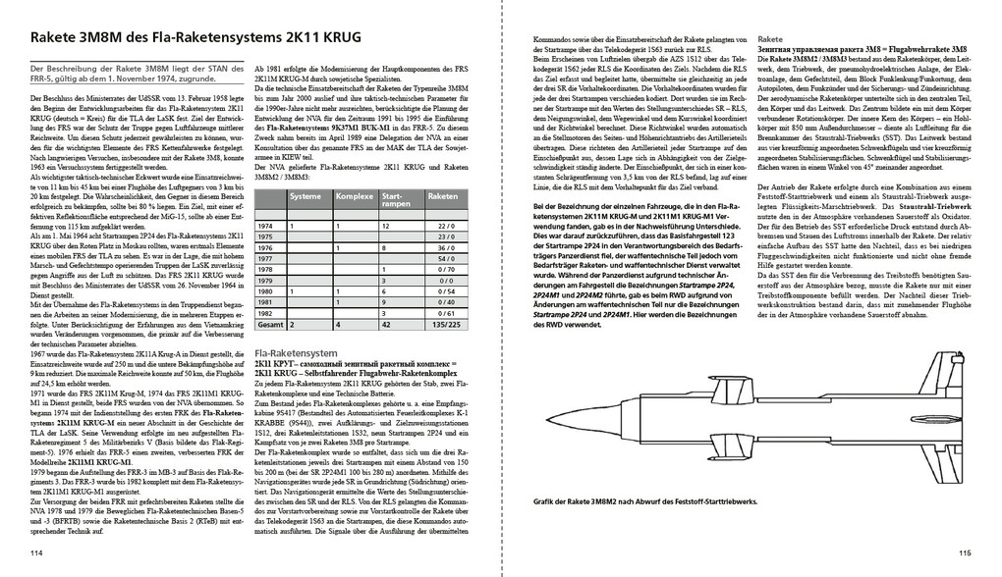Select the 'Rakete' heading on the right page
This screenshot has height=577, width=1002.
click(x=772, y=45)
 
